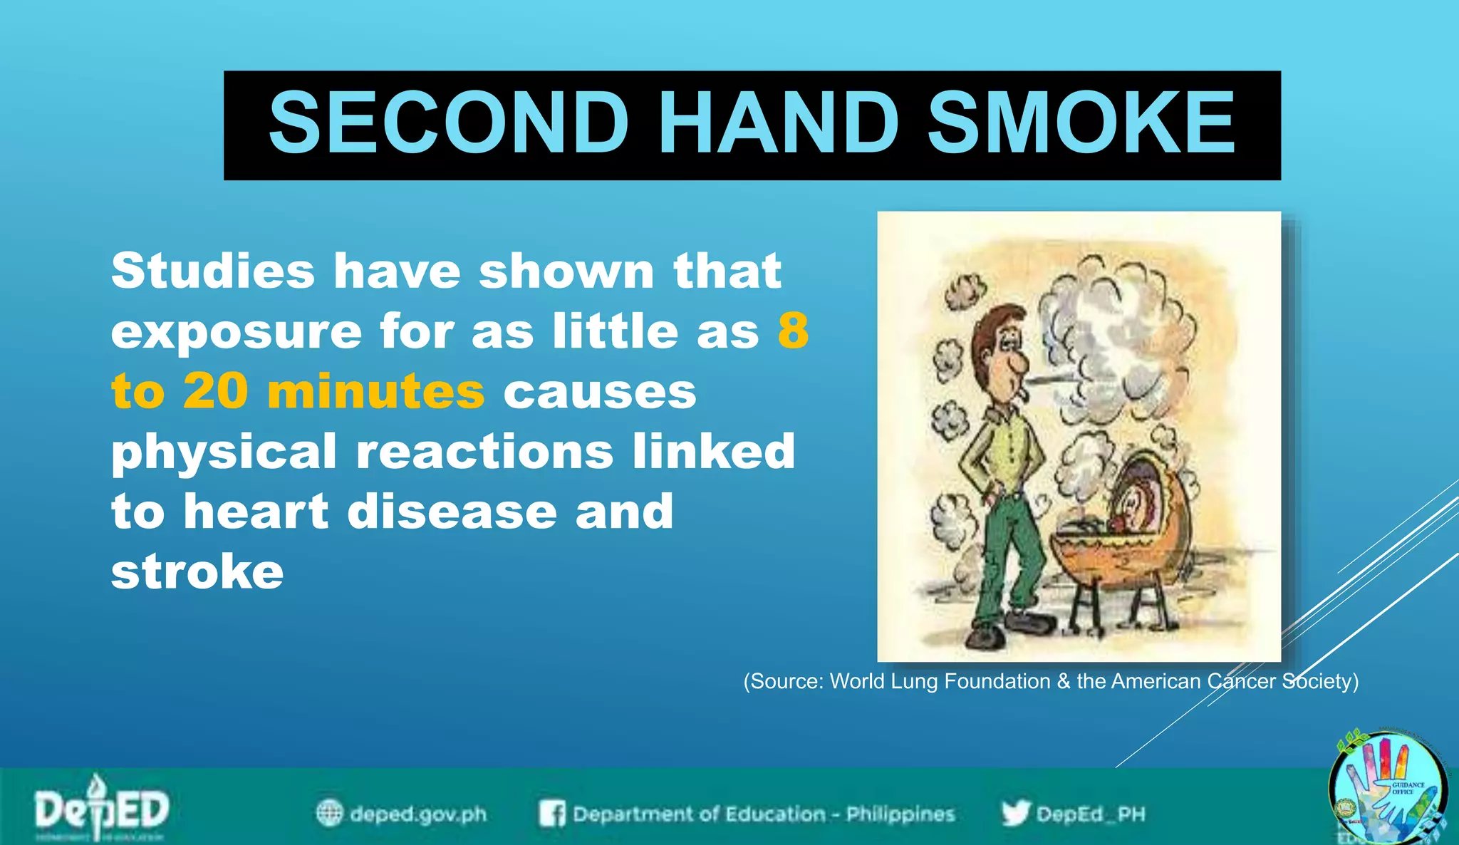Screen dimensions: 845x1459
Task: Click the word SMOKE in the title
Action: click(x=1081, y=124)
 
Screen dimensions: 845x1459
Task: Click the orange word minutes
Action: click(x=376, y=392)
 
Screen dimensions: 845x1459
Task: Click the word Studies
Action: click(x=212, y=271)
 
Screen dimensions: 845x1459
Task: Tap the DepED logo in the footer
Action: click(x=102, y=809)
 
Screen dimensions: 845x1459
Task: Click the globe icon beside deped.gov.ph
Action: click(x=329, y=813)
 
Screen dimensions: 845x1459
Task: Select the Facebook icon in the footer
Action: click(x=552, y=813)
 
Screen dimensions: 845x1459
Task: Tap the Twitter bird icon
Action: click(x=1015, y=813)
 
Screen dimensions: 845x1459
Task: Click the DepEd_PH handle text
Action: click(x=1091, y=814)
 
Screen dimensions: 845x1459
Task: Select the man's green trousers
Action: click(x=1006, y=549)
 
